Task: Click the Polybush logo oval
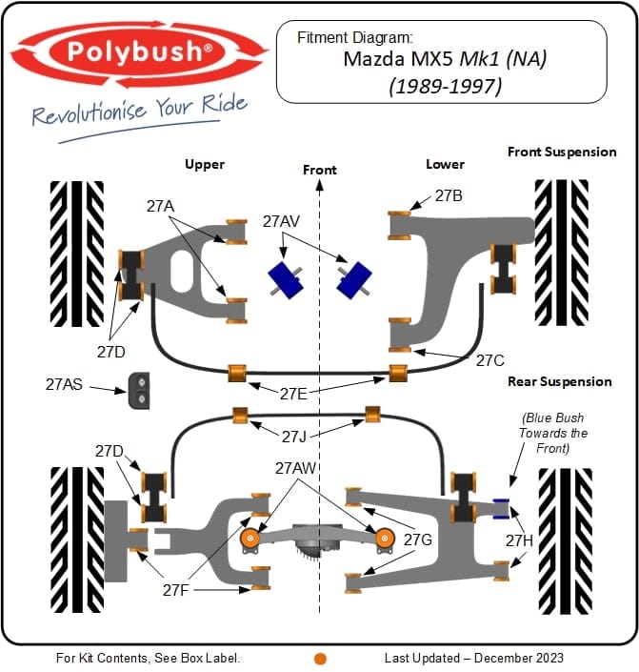[140, 52]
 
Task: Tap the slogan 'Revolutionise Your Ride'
[139, 112]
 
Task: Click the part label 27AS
[65, 385]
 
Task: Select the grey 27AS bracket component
[141, 390]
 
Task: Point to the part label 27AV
[281, 221]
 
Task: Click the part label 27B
[449, 196]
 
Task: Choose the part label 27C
[489, 360]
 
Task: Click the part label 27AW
[294, 468]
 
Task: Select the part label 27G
[417, 540]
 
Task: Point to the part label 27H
[519, 540]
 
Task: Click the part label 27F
[176, 590]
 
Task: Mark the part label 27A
[160, 205]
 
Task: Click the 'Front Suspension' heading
[562, 152]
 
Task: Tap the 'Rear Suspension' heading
[560, 381]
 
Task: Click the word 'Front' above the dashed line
[320, 170]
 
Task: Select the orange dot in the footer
[320, 658]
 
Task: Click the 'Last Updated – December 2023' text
[473, 658]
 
